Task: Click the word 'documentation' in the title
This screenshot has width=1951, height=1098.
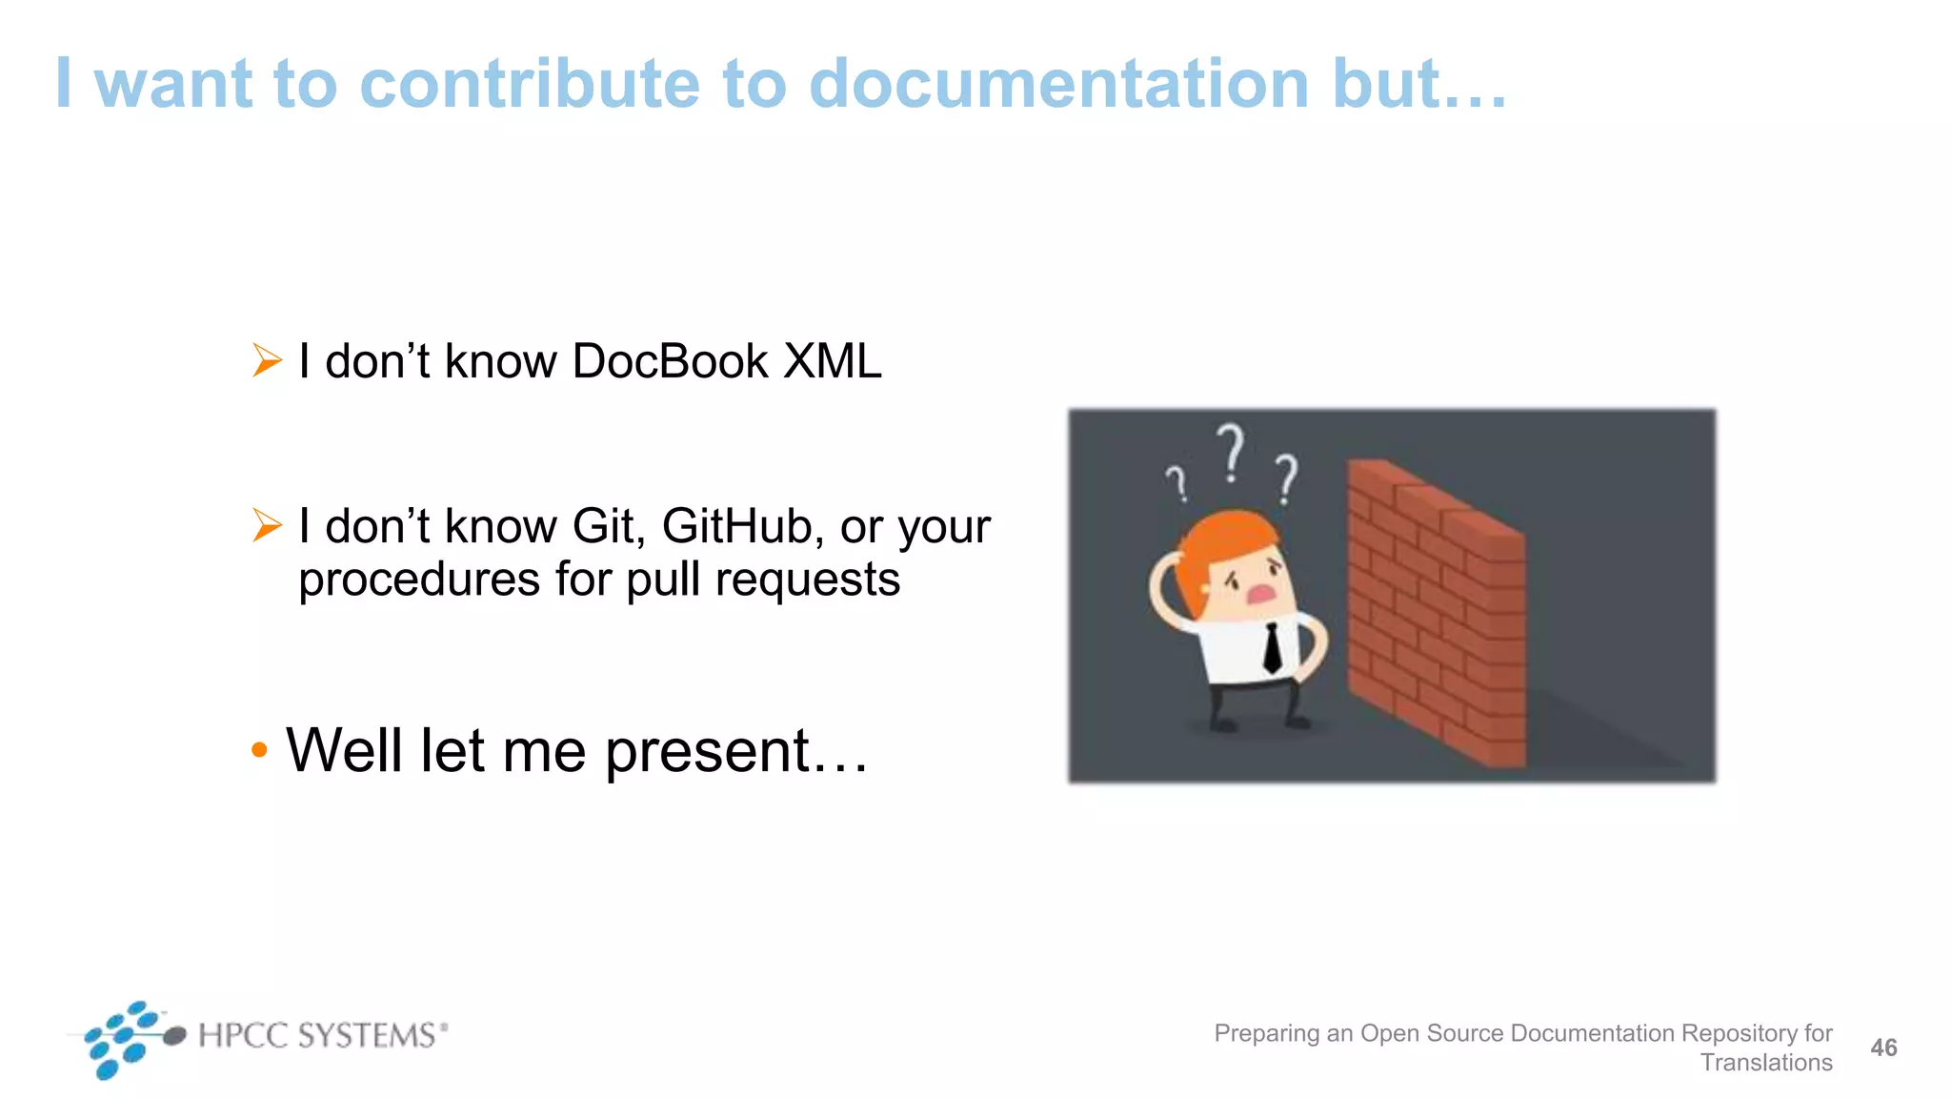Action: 1058,84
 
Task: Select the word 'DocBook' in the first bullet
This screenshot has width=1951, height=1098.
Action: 670,362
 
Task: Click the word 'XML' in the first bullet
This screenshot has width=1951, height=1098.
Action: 832,362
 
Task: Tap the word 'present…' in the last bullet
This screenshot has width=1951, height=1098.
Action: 736,751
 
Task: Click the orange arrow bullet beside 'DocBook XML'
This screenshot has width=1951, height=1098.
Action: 267,361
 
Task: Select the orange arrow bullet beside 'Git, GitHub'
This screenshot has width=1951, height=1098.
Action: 267,525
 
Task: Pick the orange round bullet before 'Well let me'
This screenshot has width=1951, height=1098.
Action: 259,750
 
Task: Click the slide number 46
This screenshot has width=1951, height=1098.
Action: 1883,1047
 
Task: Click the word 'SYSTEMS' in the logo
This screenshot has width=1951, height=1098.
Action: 368,1035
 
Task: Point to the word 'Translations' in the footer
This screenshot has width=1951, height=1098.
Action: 1766,1063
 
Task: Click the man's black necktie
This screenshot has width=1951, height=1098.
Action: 1273,648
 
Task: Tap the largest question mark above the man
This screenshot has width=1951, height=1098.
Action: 1232,452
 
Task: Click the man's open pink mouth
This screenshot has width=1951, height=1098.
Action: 1261,594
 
